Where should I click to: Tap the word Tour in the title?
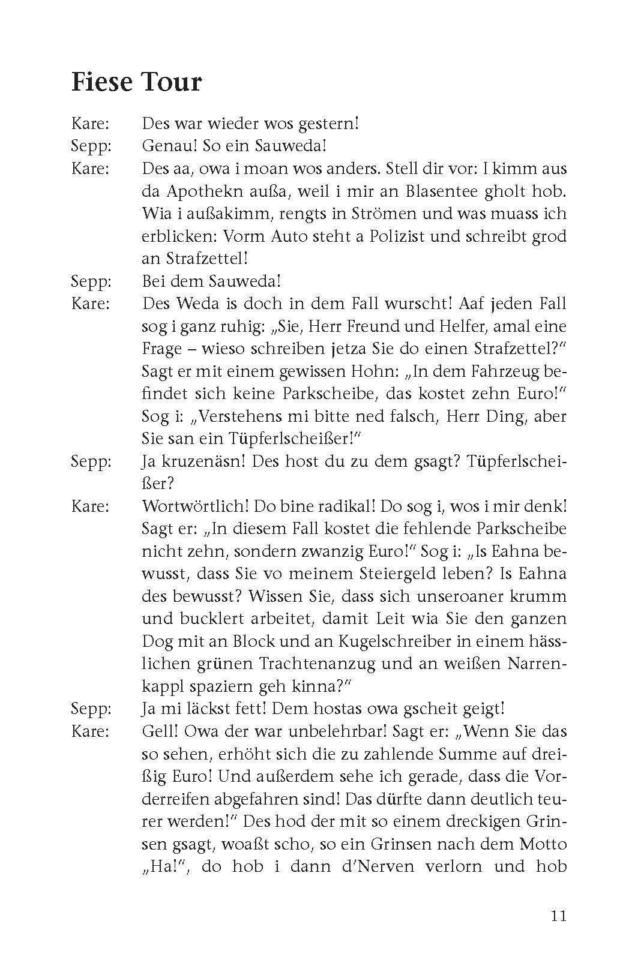coord(171,82)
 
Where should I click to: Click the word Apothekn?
coord(199,191)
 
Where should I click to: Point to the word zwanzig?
coord(317,551)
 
